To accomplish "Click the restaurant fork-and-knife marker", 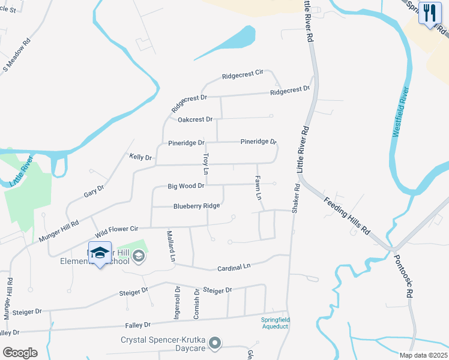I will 429,13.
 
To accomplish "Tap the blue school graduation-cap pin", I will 100,253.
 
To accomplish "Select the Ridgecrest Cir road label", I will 243,75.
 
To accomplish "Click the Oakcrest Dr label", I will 195,119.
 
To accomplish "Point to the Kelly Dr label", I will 141,157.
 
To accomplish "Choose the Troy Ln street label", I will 205,164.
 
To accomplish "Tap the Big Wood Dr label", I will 186,186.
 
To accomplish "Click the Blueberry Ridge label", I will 196,206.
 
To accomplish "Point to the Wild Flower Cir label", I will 116,229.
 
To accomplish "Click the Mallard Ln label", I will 170,246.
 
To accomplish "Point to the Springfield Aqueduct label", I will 275,323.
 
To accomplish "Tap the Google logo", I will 20,353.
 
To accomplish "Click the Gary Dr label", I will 94,192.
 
